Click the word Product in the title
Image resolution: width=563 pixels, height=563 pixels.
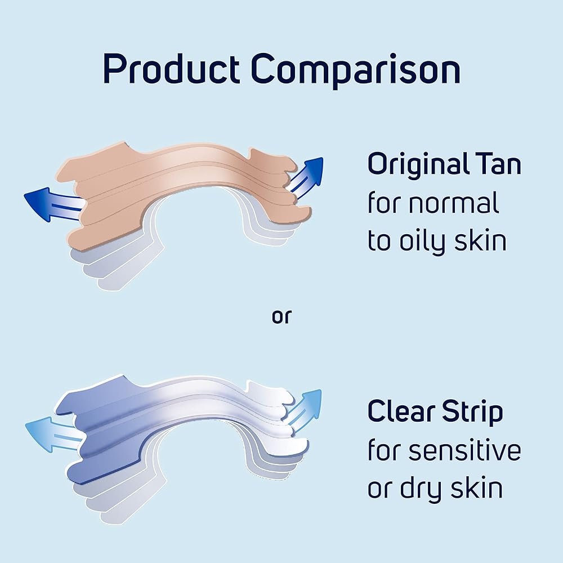point(171,68)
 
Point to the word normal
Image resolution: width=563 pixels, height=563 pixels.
point(454,202)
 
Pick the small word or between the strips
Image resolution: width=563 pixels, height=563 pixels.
point(282,316)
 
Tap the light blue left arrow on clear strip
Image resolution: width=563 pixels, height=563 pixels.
point(56,434)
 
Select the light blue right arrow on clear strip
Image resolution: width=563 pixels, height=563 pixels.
point(304,407)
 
